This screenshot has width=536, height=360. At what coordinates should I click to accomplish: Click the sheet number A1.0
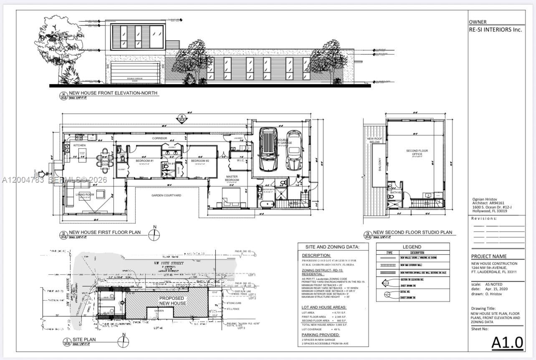click(x=507, y=342)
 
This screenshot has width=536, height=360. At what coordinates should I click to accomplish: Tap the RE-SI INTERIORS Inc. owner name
click(x=495, y=30)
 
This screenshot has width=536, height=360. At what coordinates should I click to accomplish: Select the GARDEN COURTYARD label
click(x=166, y=195)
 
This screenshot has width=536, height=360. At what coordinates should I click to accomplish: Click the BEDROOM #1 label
click(x=145, y=161)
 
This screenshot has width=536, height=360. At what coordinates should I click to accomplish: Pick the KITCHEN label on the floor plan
click(x=79, y=145)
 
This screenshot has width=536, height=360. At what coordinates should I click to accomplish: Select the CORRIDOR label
click(x=159, y=138)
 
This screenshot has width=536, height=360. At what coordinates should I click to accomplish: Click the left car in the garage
click(x=268, y=149)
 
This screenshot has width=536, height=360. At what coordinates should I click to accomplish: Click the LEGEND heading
click(x=412, y=247)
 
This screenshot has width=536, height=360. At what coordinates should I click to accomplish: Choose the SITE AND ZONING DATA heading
click(x=332, y=247)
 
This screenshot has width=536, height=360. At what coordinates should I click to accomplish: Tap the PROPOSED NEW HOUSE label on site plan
click(x=172, y=301)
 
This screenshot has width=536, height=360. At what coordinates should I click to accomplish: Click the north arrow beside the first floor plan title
click(x=154, y=235)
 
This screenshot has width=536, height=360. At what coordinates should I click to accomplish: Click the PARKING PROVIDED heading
click(x=321, y=335)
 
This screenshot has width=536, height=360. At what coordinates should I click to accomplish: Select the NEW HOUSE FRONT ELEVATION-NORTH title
click(x=113, y=93)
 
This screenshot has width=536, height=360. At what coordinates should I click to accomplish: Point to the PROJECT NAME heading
click(x=489, y=257)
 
